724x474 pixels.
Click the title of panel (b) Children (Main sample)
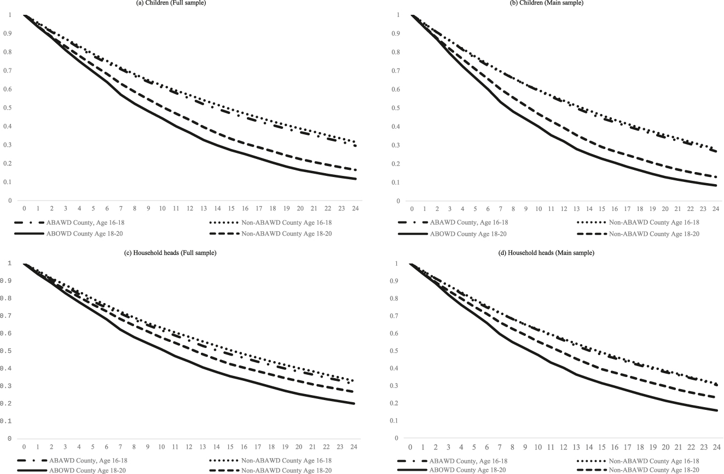tap(557, 3)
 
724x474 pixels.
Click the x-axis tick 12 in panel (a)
tap(190, 209)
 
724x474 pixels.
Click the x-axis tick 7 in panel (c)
tap(121, 447)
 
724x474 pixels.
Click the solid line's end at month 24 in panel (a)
tap(355, 179)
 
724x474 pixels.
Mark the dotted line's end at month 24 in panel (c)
tap(355, 380)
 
